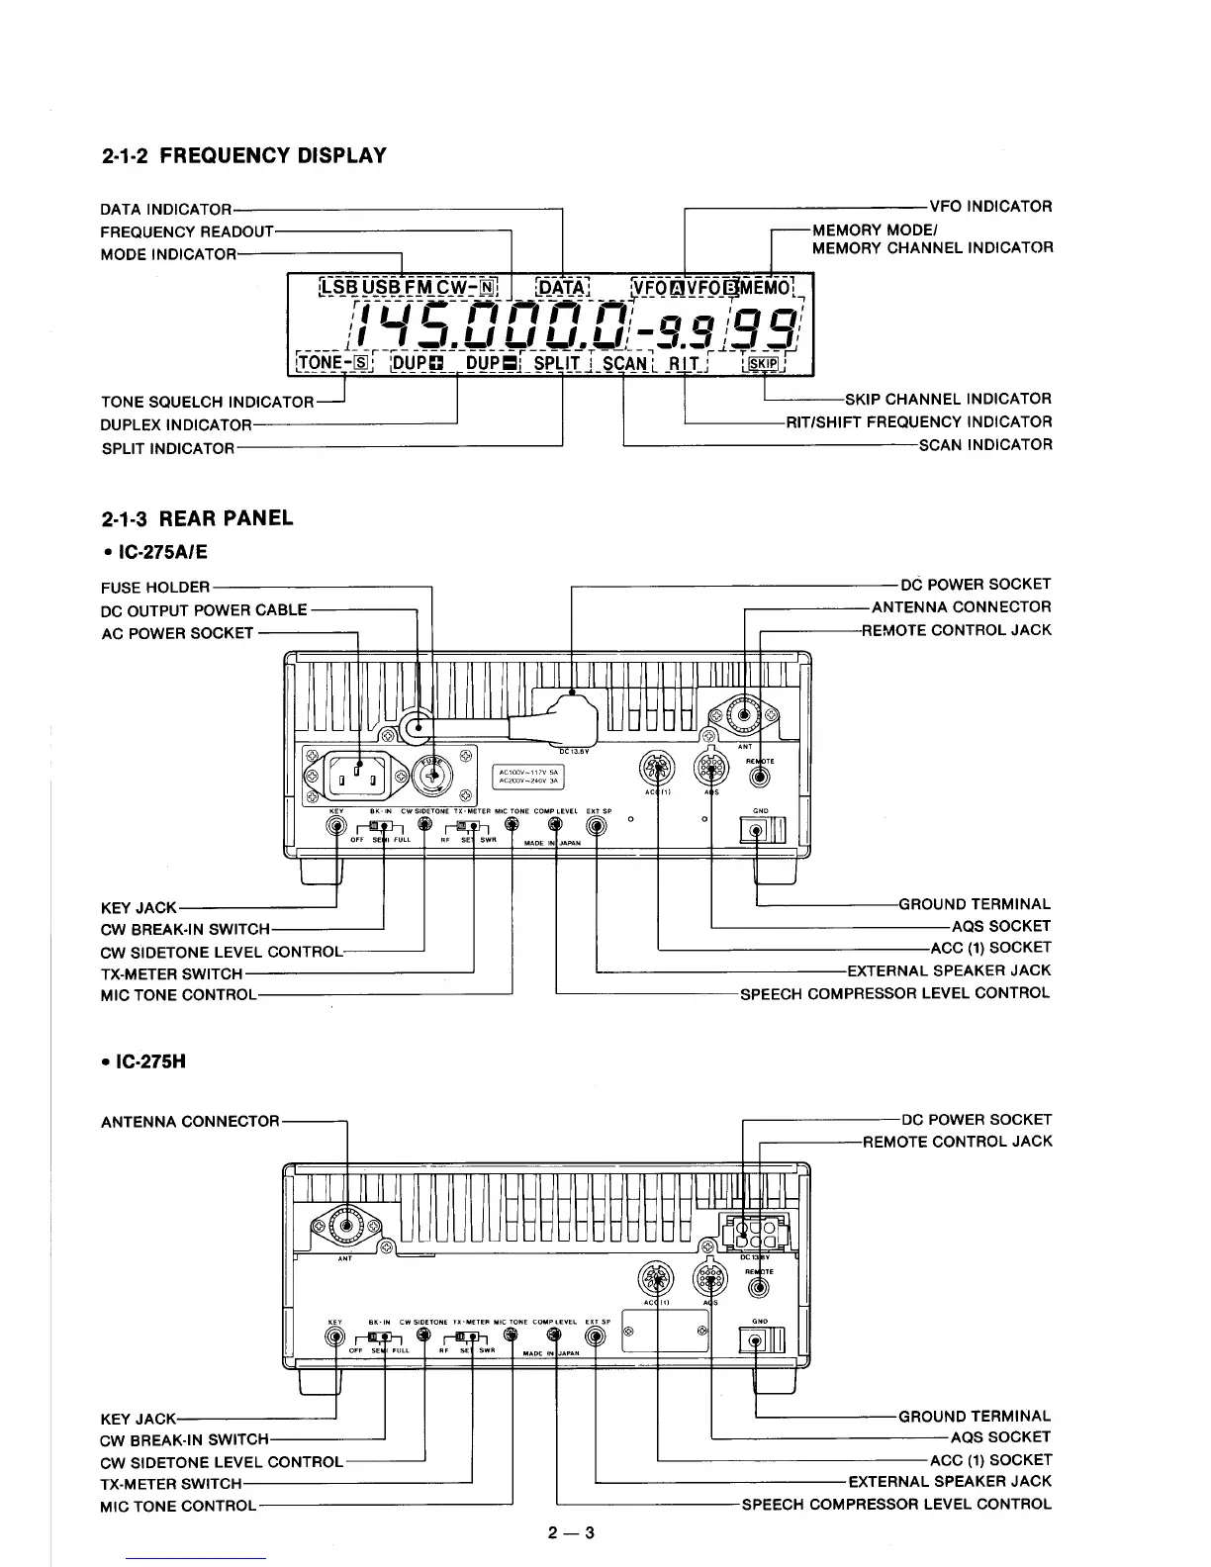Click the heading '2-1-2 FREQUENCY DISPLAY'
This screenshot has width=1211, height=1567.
pyautogui.click(x=243, y=155)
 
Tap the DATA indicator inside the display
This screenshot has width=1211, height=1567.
pyautogui.click(x=562, y=288)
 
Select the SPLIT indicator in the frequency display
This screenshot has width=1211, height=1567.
pyautogui.click(x=556, y=363)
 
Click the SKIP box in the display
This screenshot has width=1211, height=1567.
pyautogui.click(x=765, y=363)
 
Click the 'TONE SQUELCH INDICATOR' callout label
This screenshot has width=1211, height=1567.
pyautogui.click(x=207, y=402)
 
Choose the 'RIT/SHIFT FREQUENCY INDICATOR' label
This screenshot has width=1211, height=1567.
pyautogui.click(x=919, y=422)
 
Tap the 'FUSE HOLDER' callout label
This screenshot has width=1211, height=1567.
pyautogui.click(x=155, y=587)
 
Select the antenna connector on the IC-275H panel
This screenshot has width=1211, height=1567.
pyautogui.click(x=346, y=1227)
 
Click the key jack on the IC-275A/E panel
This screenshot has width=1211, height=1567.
pyautogui.click(x=336, y=829)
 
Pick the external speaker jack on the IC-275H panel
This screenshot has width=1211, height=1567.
pyautogui.click(x=597, y=1337)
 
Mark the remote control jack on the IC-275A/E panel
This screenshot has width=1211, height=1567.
pyautogui.click(x=759, y=777)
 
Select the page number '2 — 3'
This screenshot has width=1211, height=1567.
pyautogui.click(x=572, y=1533)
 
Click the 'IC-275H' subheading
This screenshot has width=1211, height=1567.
pyautogui.click(x=150, y=1061)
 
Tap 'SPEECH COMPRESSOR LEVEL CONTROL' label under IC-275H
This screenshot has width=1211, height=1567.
pyautogui.click(x=896, y=1505)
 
